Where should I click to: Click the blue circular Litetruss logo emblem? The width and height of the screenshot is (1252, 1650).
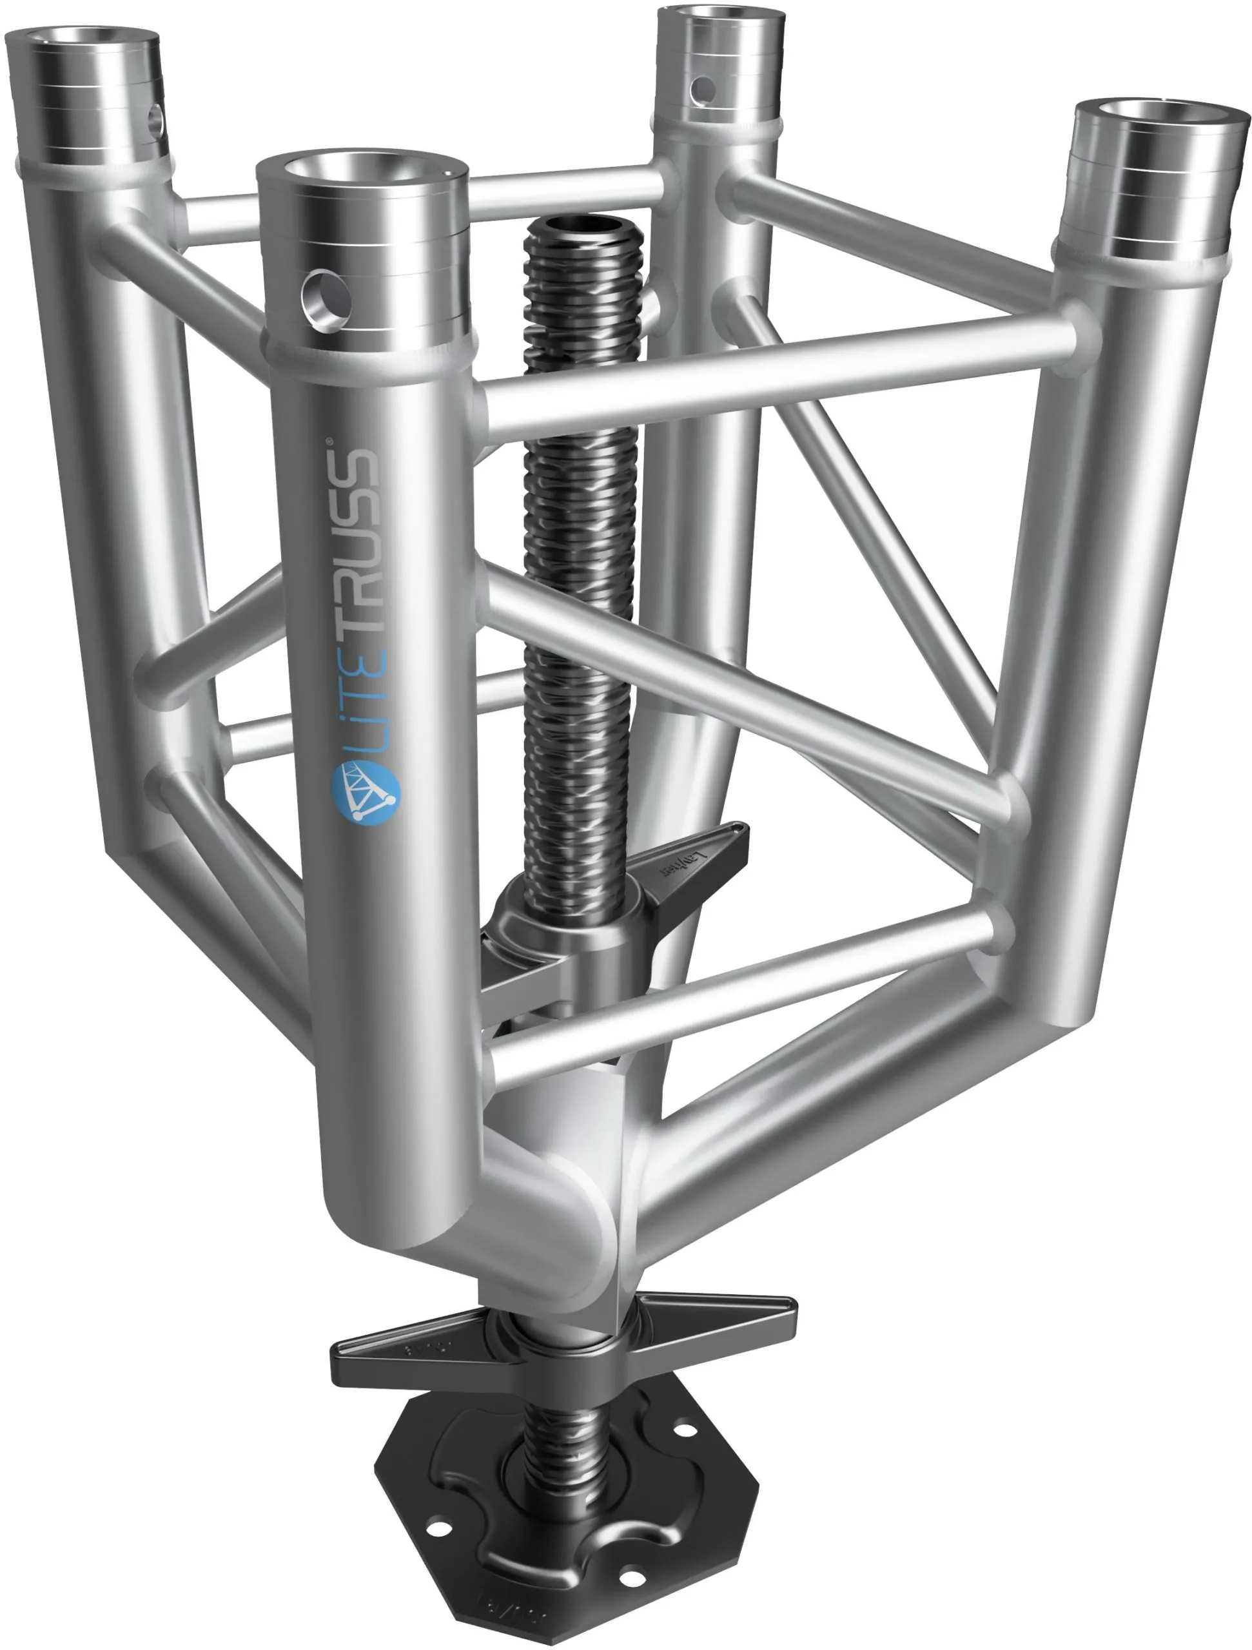pos(366,792)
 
